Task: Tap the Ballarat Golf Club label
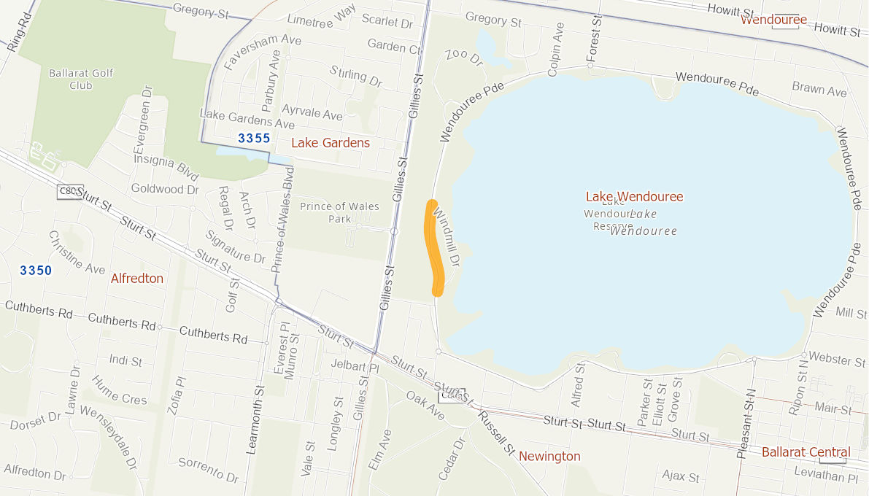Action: pos(71,79)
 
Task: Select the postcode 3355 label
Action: pos(254,139)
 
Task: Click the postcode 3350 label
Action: pos(36,271)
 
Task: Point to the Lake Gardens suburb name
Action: pos(331,143)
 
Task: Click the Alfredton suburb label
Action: pos(137,279)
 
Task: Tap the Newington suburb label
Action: pos(549,457)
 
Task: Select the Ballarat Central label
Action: pos(806,452)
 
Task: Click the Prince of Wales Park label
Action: pos(339,212)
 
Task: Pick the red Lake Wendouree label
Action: pos(634,197)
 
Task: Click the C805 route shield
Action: pos(70,191)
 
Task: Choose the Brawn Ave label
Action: pos(819,90)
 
